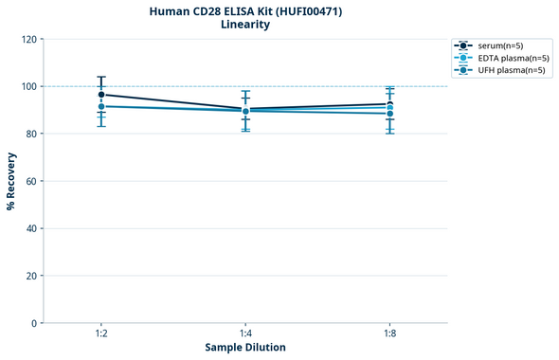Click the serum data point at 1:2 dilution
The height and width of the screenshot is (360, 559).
[x=101, y=95]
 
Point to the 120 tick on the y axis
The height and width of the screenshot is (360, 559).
[x=28, y=39]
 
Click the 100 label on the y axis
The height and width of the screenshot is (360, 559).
[x=28, y=86]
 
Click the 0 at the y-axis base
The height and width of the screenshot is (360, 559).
[x=34, y=323]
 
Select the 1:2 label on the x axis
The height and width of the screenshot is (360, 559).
[x=101, y=334]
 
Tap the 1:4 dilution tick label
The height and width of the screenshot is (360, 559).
[x=245, y=334]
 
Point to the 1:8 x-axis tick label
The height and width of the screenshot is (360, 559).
[x=389, y=334]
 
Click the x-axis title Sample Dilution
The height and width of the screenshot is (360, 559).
[x=245, y=348]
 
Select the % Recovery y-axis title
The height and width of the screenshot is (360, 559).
[x=11, y=180]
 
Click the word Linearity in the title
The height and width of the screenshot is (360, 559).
[x=245, y=25]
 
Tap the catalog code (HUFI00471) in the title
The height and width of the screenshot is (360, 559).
[x=302, y=11]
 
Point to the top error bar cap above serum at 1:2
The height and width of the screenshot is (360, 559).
[x=101, y=77]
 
